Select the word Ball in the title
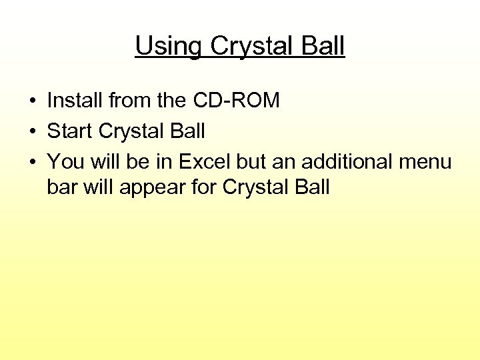[x=323, y=46]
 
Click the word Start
[x=70, y=131]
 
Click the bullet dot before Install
[x=32, y=102]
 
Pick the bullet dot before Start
[x=32, y=132]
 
